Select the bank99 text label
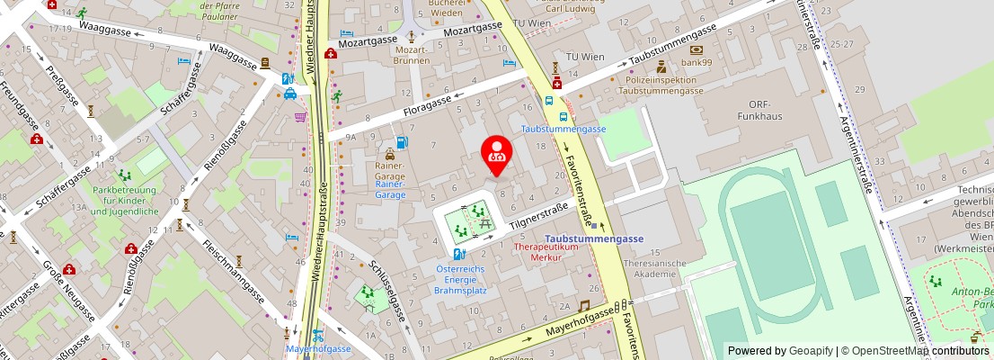click(x=696, y=63)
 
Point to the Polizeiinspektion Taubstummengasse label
click(x=661, y=85)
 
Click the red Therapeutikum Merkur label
click(x=544, y=251)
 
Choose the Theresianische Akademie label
click(x=649, y=268)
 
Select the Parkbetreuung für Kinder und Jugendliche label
click(x=125, y=201)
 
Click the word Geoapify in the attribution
click(x=811, y=351)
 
